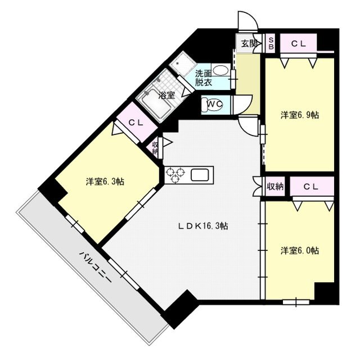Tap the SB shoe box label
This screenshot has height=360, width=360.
(x=271, y=43)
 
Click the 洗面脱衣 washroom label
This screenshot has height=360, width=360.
(x=204, y=78)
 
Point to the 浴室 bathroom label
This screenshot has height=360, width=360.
(x=166, y=95)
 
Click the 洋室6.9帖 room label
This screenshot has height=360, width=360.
(x=300, y=115)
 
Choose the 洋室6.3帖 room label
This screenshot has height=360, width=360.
(x=105, y=182)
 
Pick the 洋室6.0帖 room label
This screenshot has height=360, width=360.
(x=300, y=251)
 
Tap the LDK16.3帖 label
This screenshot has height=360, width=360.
(x=203, y=226)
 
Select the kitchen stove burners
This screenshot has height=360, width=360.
(x=175, y=175)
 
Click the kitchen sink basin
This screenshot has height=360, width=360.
(x=200, y=174)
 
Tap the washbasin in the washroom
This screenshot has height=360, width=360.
(x=220, y=71)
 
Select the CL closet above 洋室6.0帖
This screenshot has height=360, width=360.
(x=312, y=186)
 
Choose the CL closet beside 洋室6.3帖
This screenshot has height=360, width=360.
(x=136, y=122)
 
